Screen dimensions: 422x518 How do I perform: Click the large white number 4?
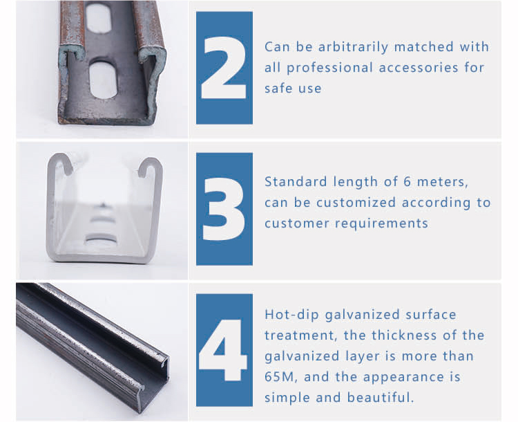click(224, 349)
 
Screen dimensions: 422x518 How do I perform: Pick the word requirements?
click(381, 223)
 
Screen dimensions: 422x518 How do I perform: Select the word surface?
click(430, 315)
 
